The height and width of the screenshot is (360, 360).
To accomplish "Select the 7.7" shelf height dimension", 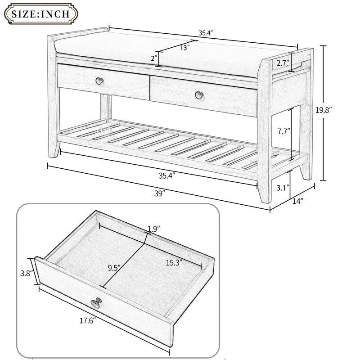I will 283,132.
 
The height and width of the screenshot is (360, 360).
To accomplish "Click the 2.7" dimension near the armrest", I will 283,63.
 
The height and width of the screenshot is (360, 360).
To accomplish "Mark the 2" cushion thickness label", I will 154,58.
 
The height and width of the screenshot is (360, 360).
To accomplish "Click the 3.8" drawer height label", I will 26,273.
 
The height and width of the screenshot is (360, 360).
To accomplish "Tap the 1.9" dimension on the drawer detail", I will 154,229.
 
